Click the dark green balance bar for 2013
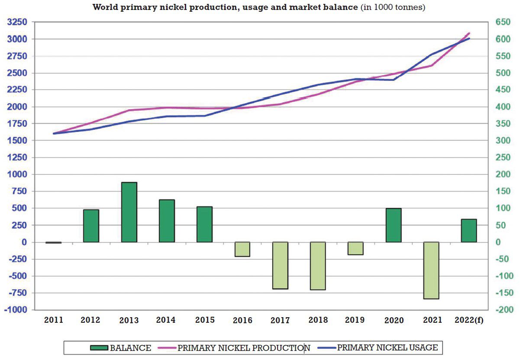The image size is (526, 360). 129,212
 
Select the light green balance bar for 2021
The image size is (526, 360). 431,270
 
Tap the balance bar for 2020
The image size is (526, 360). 394,225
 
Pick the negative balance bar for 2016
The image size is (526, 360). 242,249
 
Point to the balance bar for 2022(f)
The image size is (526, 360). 469,231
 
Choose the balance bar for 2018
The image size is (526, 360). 318,266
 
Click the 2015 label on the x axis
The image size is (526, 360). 205,320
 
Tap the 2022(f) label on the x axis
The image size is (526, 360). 469,320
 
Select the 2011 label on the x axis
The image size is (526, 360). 54,320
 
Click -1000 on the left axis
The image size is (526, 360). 16,310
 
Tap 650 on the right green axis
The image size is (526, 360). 503,22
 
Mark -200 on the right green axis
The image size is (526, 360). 502,310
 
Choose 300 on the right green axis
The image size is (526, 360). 503,141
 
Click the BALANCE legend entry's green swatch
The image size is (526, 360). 99,348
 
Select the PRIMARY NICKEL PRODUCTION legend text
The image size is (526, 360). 244,348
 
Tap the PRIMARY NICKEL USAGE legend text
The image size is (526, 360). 387,347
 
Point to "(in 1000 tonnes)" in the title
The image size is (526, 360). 393,8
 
